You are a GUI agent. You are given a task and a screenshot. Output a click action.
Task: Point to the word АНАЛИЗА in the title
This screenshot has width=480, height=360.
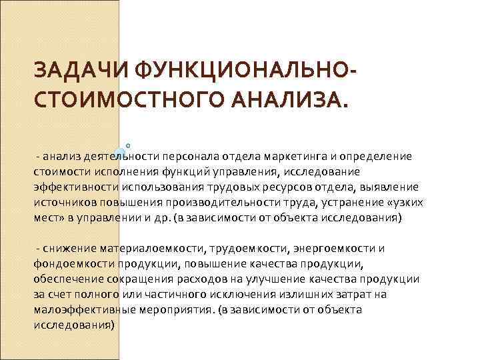[x=286, y=102]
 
